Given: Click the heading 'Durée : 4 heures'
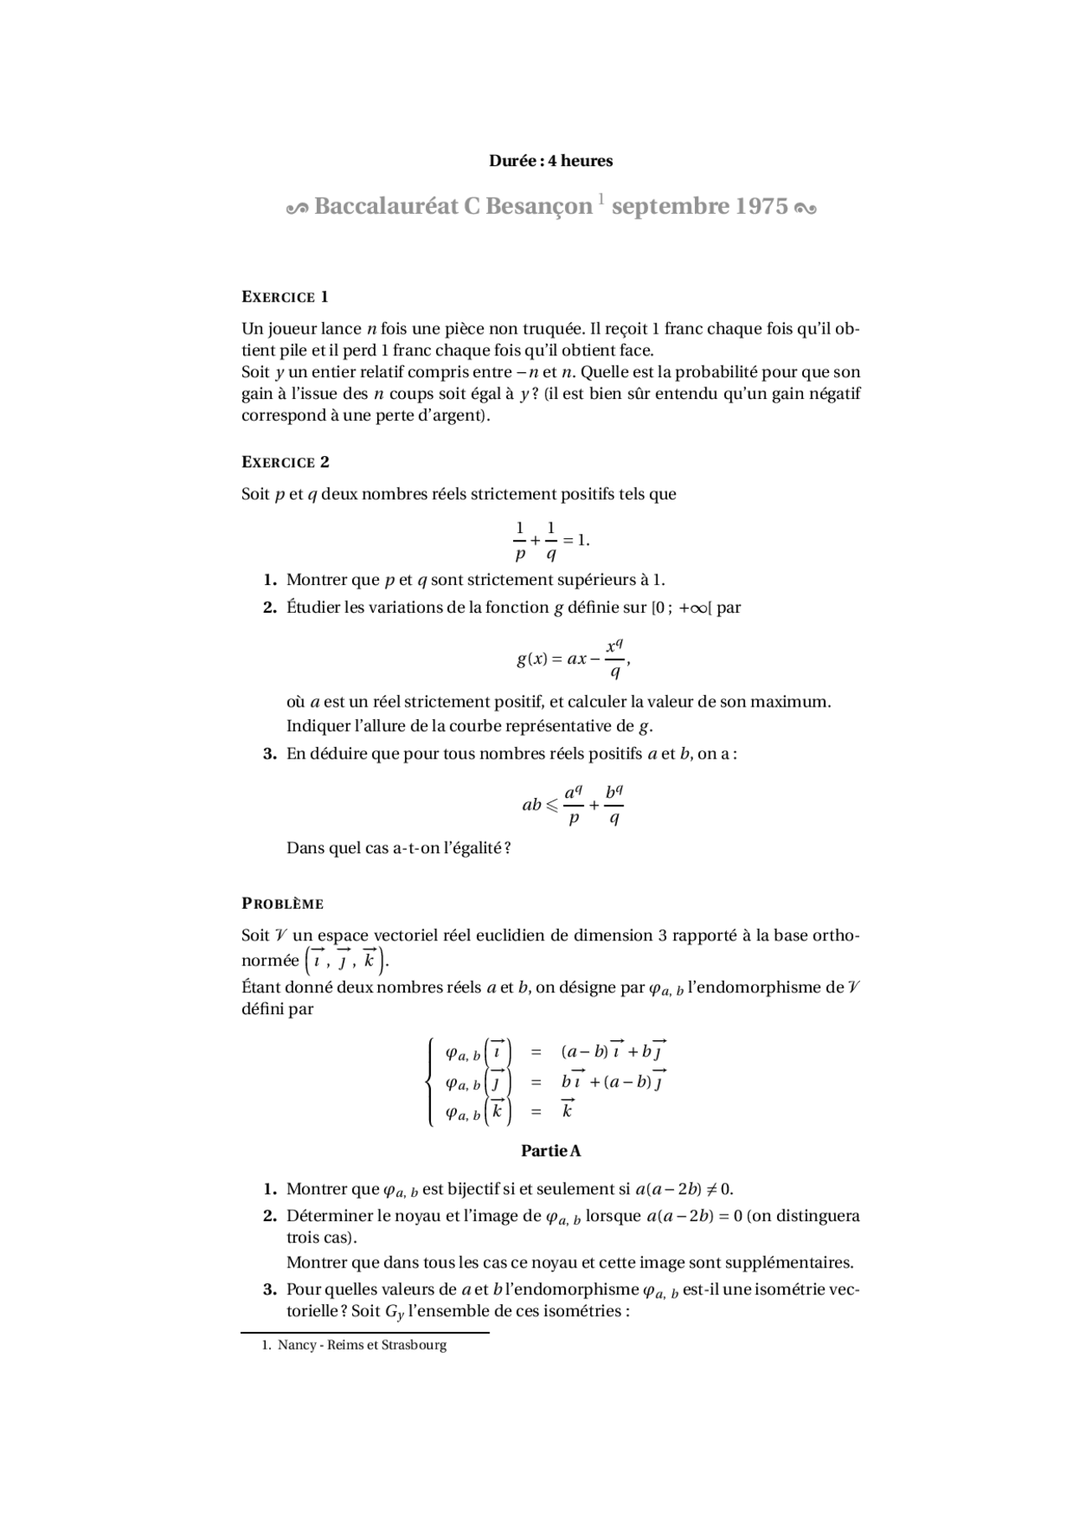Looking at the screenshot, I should pyautogui.click(x=551, y=160).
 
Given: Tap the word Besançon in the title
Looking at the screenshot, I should pyautogui.click(x=536, y=206).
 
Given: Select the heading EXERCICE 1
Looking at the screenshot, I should pyautogui.click(x=284, y=297).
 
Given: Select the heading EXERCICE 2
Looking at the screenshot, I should pyautogui.click(x=285, y=462).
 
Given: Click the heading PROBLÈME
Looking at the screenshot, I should pyautogui.click(x=283, y=904).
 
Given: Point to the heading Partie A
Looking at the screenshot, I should pyautogui.click(x=551, y=1151).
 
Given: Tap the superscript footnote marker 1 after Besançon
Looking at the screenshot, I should pyautogui.click(x=600, y=199).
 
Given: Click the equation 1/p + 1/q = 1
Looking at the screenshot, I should pyautogui.click(x=551, y=541).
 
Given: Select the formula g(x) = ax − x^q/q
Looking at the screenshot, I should pyautogui.click(x=573, y=658).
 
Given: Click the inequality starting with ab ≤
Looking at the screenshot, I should pyautogui.click(x=573, y=805).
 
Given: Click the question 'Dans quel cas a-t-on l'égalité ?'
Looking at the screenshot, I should pyautogui.click(x=398, y=847).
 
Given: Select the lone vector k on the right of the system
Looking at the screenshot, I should pyautogui.click(x=568, y=1111).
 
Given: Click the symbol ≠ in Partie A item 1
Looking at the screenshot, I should pyautogui.click(x=712, y=1189).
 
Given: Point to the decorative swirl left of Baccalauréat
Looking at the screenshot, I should pyautogui.click(x=298, y=207).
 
